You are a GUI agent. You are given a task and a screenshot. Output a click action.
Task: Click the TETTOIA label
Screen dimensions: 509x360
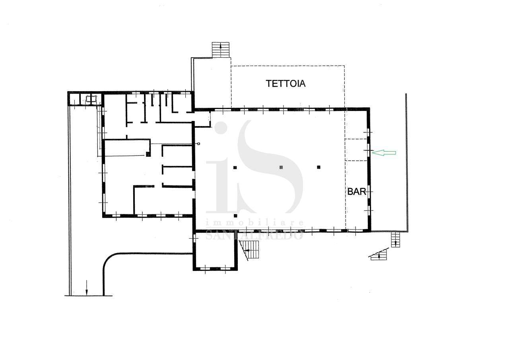click(286, 84)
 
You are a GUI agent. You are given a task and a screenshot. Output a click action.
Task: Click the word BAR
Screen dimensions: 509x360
click(357, 192)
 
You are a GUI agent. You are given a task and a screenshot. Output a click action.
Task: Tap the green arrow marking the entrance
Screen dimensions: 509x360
click(384, 153)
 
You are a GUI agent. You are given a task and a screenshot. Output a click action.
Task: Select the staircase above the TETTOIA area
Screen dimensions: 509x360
click(220, 50)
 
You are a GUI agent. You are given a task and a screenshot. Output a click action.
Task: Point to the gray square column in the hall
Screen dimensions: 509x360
click(281, 167)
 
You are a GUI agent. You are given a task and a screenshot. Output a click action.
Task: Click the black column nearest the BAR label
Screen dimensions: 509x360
click(319, 167)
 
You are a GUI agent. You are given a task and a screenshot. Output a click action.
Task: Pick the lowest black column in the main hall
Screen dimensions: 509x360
click(235, 216)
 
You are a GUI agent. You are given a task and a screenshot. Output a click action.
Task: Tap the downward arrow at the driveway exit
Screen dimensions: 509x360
click(86, 288)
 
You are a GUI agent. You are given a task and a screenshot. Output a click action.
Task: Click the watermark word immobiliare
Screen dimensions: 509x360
click(254, 223)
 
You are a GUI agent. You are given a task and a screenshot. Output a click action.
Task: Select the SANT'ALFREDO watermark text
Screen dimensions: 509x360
click(254, 235)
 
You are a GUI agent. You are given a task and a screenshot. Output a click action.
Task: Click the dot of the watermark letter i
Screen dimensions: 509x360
click(220, 128)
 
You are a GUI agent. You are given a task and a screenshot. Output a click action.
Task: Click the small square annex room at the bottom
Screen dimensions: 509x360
click(215, 251)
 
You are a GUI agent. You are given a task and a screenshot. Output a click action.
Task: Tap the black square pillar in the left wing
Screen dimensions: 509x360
click(148, 154)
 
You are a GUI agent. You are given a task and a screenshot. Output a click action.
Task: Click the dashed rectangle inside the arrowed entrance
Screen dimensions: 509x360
click(356, 150)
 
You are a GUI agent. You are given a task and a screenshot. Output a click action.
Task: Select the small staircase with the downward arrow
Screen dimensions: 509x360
click(396, 239)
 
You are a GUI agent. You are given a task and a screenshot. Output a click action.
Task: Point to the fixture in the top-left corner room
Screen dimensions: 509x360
click(91, 99)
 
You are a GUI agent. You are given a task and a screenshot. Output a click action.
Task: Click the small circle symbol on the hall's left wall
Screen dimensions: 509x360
click(199, 144)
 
